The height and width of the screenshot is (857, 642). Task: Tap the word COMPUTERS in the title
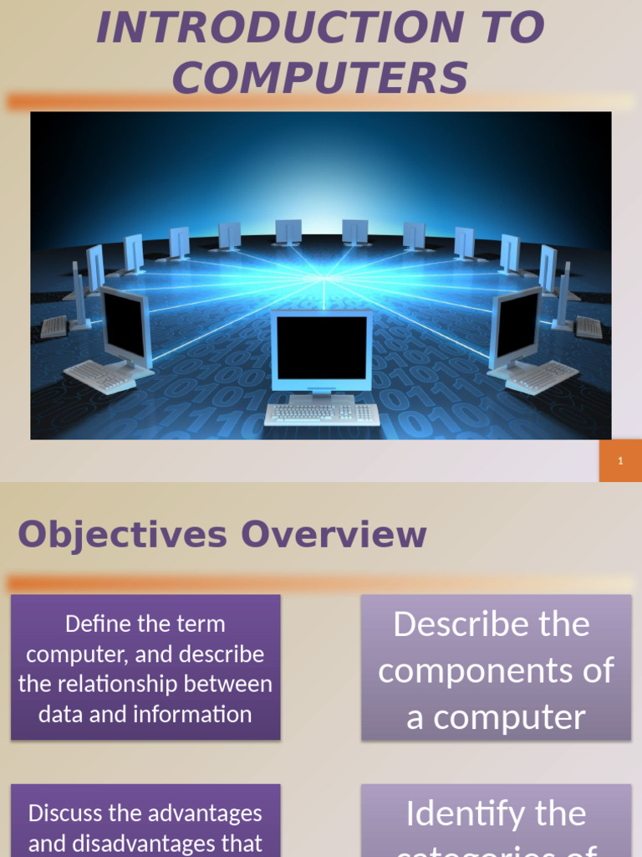[x=320, y=78]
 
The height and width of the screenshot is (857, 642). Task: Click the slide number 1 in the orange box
[x=620, y=461]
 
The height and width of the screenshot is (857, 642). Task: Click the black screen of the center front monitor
[x=321, y=347]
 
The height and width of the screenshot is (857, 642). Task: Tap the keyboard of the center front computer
[x=321, y=413]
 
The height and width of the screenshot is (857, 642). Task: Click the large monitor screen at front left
[x=125, y=325]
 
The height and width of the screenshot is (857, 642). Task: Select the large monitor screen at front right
[x=517, y=325]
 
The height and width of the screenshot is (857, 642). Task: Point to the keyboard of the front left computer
[x=99, y=377]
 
